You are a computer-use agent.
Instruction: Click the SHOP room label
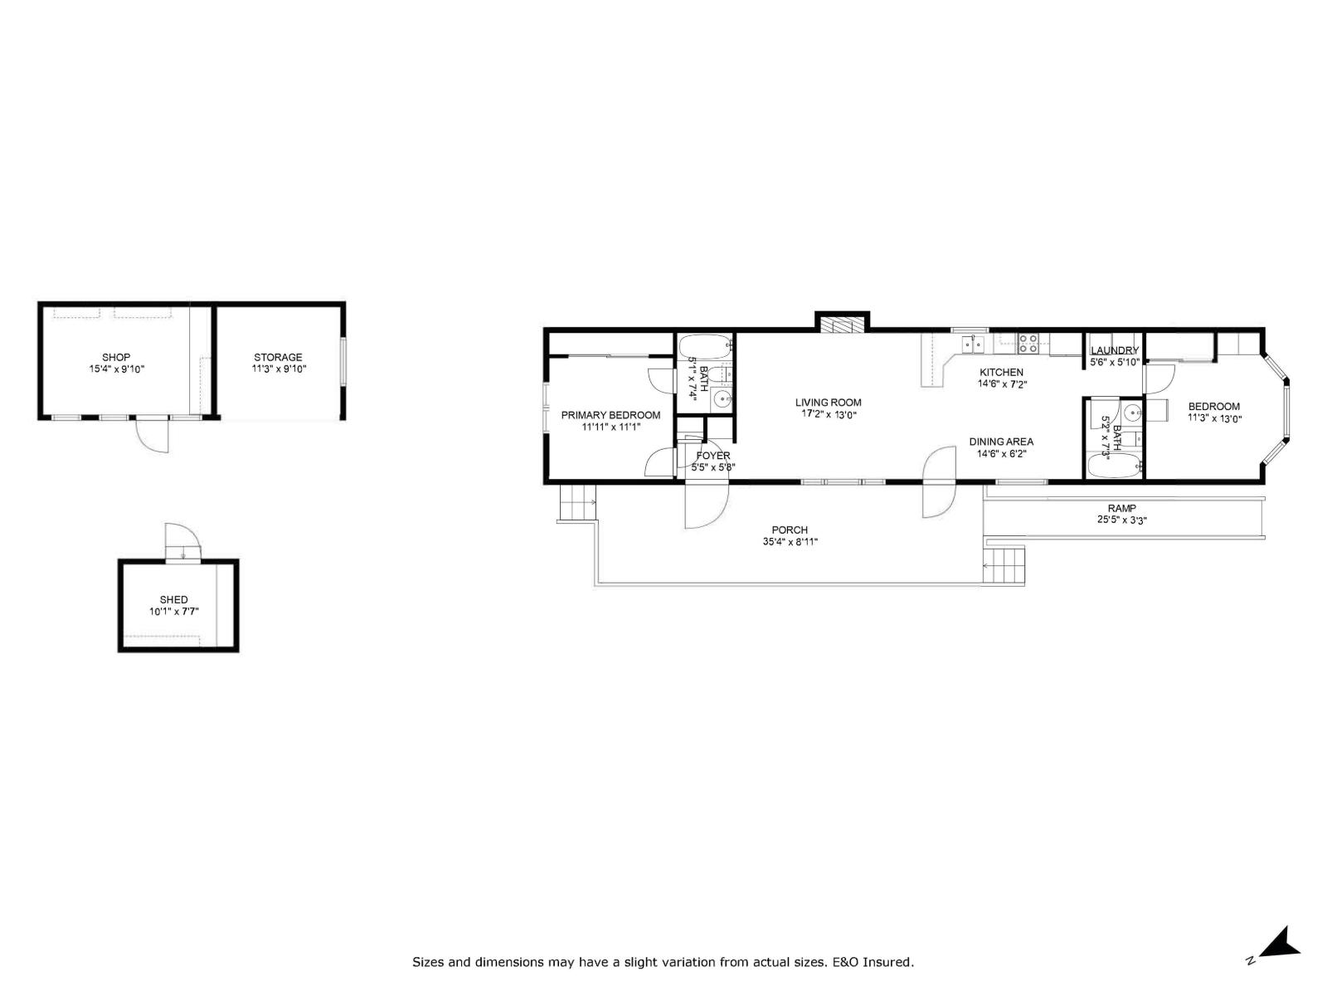click(x=116, y=357)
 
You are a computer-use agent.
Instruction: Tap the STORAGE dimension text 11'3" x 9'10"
click(x=279, y=369)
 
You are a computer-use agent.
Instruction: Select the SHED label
click(x=174, y=599)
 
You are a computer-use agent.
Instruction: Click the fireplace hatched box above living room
click(x=841, y=324)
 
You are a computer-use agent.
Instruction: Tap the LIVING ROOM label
click(x=828, y=403)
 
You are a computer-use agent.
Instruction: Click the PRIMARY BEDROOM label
click(x=610, y=415)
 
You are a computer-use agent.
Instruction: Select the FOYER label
click(x=713, y=456)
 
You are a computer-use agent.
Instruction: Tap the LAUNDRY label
click(x=1114, y=350)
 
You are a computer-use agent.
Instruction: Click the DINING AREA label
click(x=1001, y=442)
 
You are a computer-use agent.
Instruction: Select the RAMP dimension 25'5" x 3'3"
click(x=1121, y=520)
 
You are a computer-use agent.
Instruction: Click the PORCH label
click(x=789, y=530)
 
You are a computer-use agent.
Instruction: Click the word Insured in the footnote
click(x=888, y=963)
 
